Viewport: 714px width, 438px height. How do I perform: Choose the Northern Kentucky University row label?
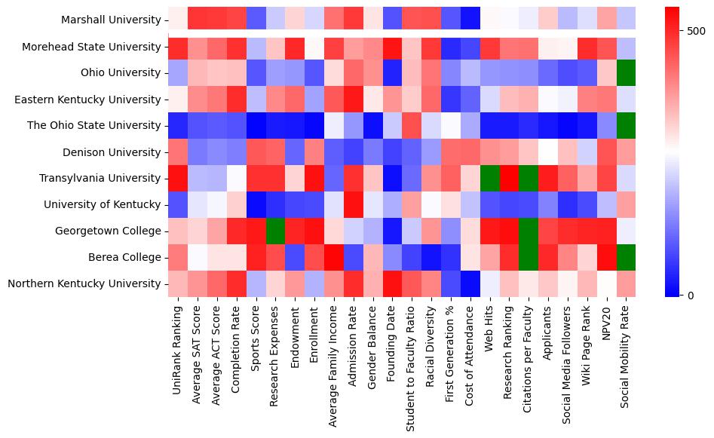97,284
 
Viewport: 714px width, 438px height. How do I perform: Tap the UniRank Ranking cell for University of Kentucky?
178,205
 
